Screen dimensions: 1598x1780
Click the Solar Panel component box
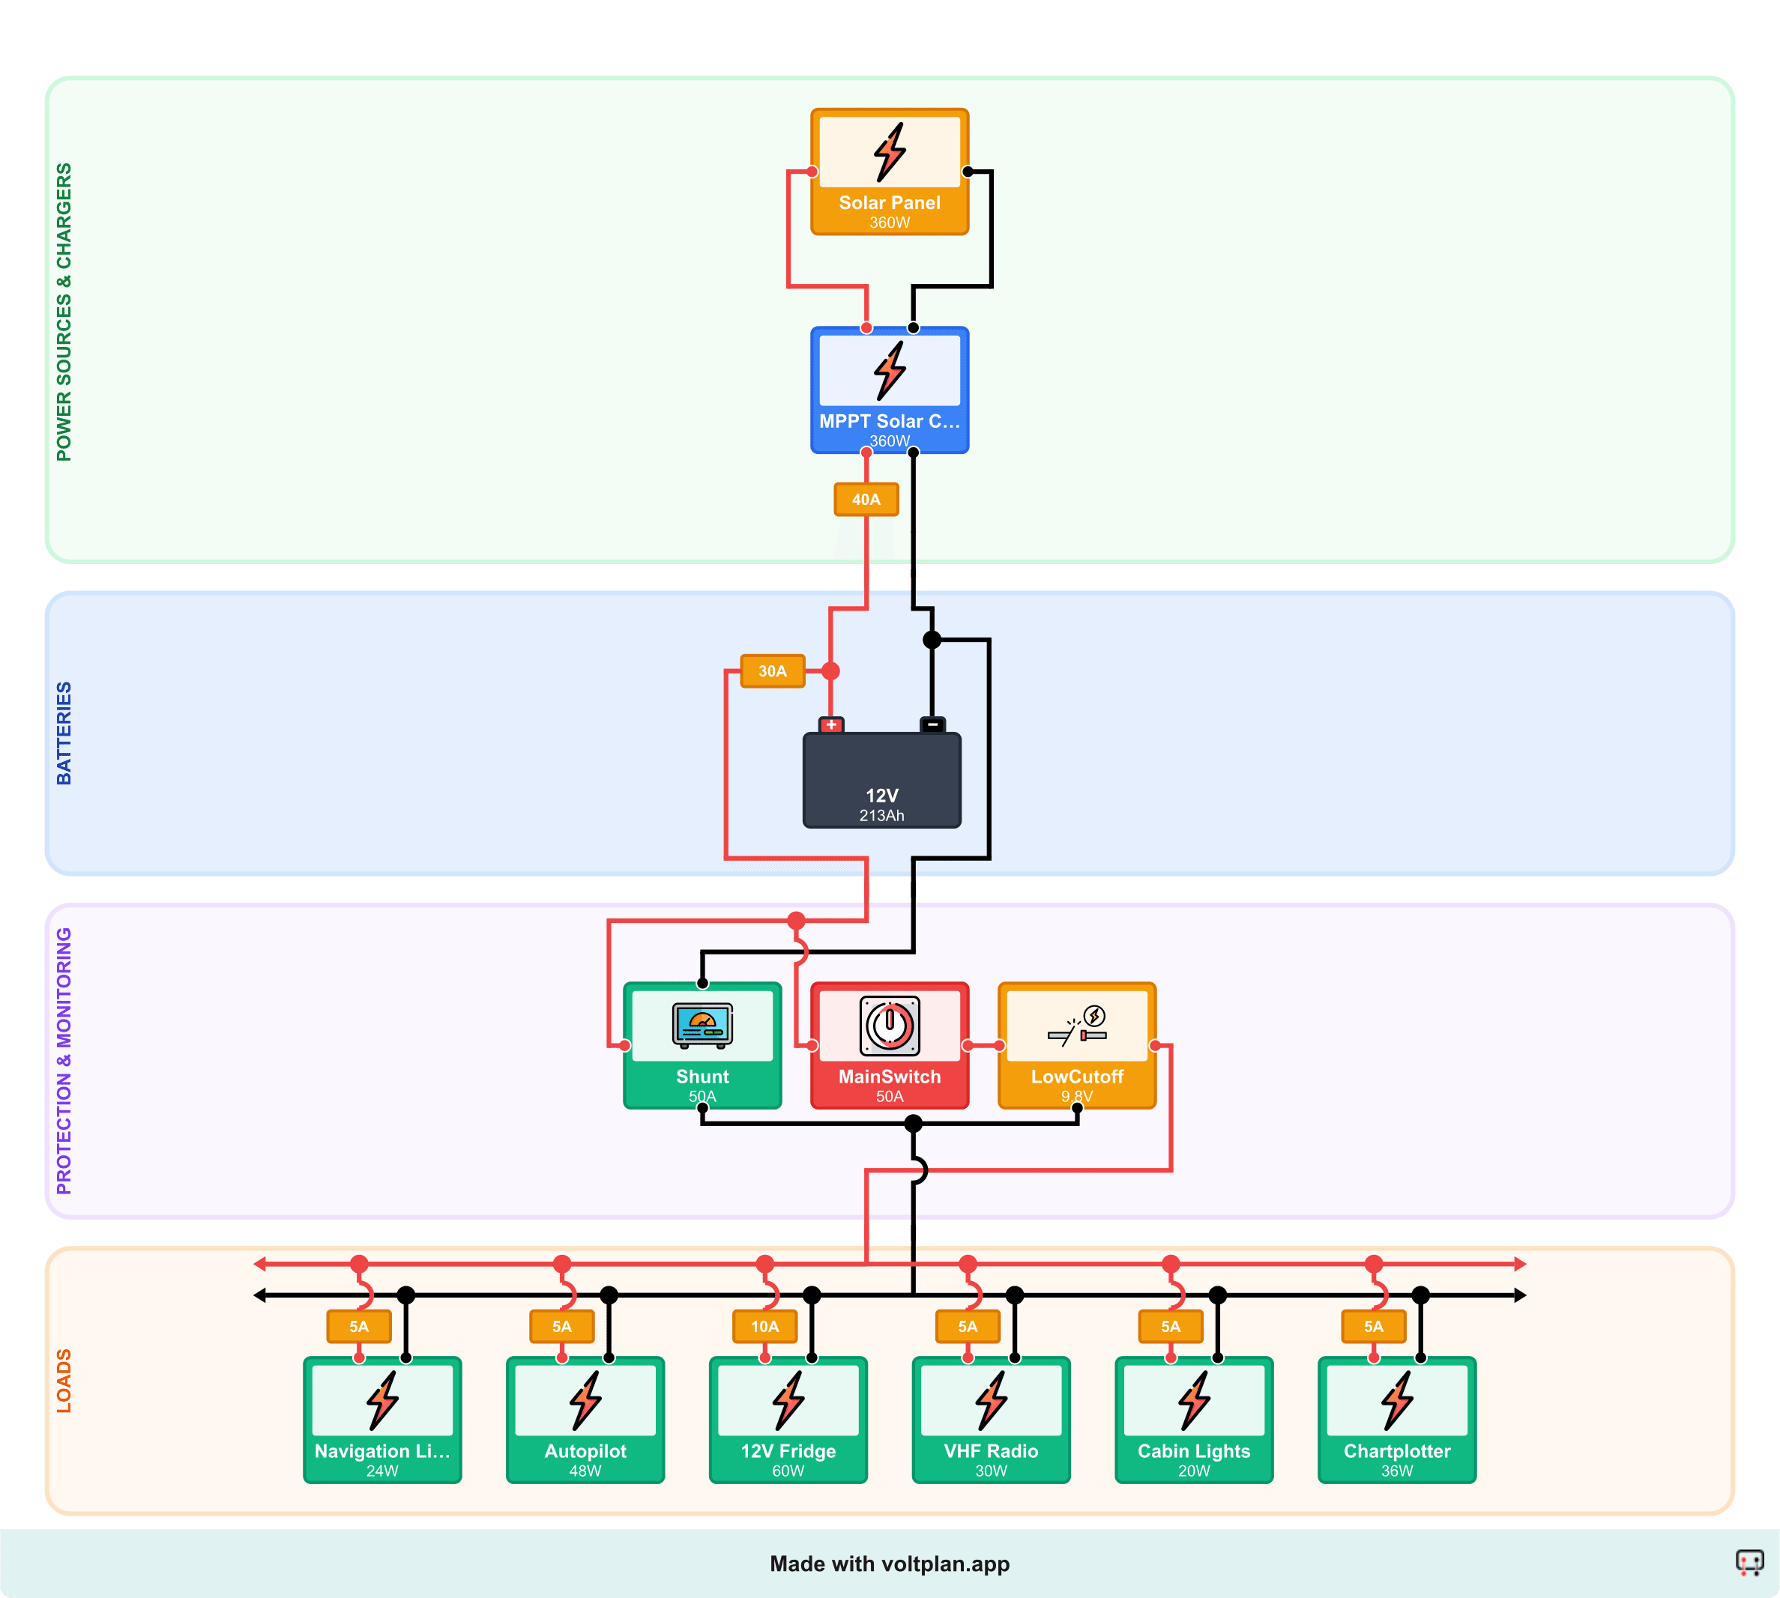tap(889, 172)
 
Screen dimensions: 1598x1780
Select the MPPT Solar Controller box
tap(889, 390)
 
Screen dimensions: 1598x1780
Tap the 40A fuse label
tap(866, 500)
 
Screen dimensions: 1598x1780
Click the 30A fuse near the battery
tap(772, 671)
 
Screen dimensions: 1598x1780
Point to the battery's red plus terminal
tap(830, 725)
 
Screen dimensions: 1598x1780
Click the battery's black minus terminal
tap(932, 725)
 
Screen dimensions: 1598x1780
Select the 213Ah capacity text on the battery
tap(881, 816)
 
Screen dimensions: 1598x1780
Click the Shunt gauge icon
tap(702, 1025)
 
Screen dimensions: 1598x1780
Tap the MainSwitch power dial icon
tap(889, 1025)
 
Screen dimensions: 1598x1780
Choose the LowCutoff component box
tap(1076, 1045)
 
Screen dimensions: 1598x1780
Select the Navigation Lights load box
tap(382, 1420)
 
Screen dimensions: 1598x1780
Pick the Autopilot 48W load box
tap(585, 1420)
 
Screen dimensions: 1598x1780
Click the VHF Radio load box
tap(991, 1420)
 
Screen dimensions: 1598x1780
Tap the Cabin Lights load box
tap(1193, 1420)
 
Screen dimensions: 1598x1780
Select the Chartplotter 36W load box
tap(1396, 1420)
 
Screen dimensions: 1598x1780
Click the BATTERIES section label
tap(63, 733)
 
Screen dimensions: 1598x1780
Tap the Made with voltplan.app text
tap(889, 1564)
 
